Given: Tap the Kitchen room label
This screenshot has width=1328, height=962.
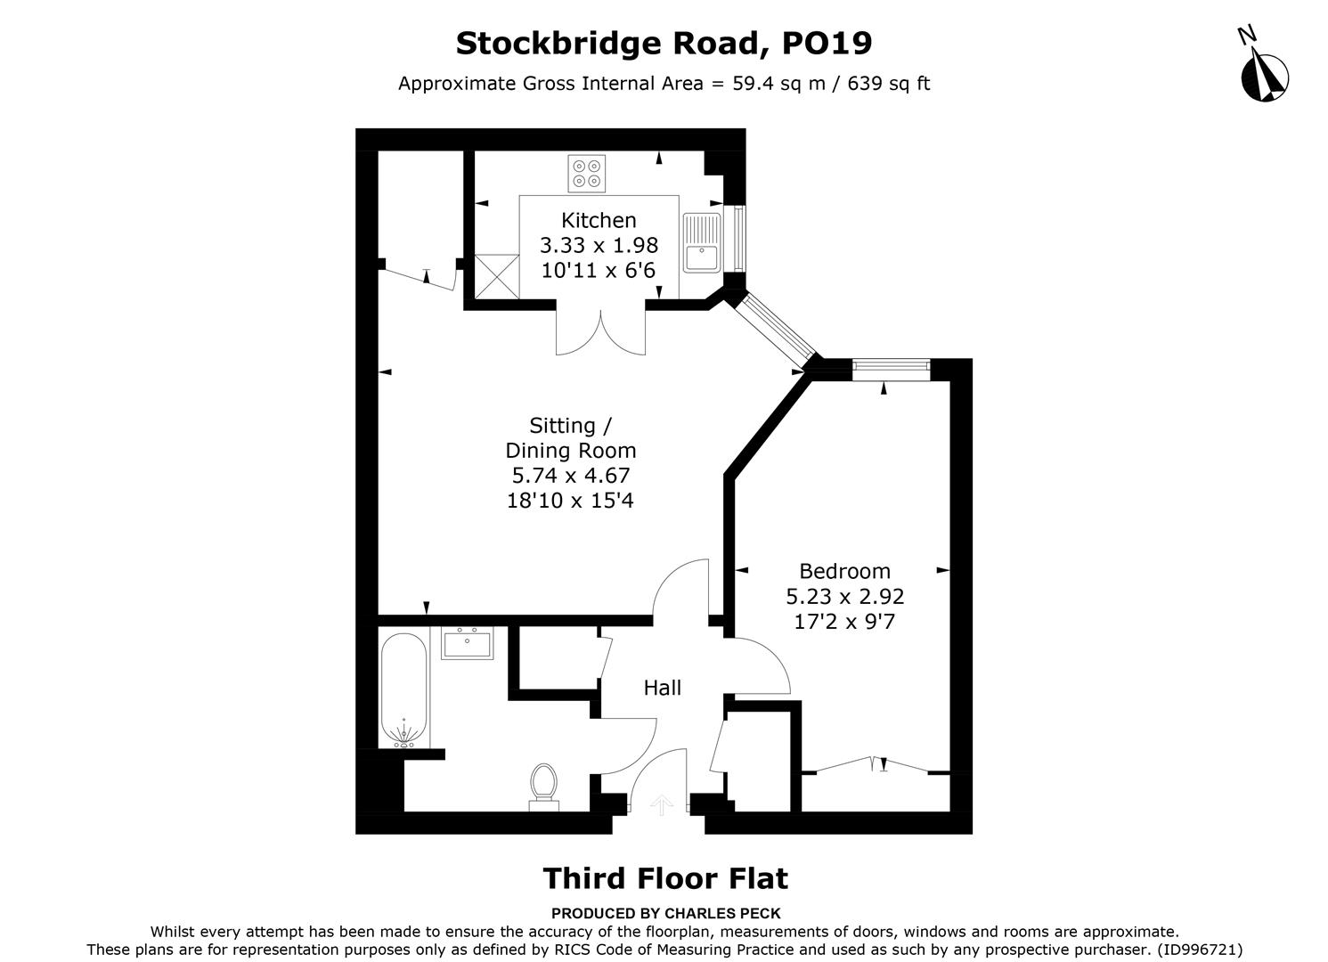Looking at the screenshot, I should (x=599, y=220).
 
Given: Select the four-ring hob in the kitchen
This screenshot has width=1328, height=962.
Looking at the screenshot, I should (x=586, y=173).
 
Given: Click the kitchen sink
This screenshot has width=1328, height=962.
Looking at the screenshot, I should (x=702, y=242).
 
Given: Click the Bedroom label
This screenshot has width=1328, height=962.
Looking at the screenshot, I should (x=844, y=571).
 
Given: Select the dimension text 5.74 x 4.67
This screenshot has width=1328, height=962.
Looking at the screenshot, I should (x=570, y=476).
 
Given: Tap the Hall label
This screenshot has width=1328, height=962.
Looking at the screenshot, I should (x=663, y=688).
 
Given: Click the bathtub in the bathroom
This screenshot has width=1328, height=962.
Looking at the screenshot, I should (x=404, y=690).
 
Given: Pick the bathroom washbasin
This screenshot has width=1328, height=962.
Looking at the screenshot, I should (x=468, y=643).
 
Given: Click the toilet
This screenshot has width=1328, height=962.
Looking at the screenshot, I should (x=543, y=787).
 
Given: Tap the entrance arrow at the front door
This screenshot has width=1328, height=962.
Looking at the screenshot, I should (x=660, y=805).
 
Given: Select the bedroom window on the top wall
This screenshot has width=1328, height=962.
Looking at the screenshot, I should (x=891, y=365).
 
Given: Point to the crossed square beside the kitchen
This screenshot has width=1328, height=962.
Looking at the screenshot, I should (x=496, y=275).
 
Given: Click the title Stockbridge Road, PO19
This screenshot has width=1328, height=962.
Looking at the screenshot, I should (x=664, y=42).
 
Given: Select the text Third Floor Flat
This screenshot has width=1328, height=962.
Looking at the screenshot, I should (x=665, y=878).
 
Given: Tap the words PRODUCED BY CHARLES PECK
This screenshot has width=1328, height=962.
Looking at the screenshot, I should (x=665, y=913).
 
